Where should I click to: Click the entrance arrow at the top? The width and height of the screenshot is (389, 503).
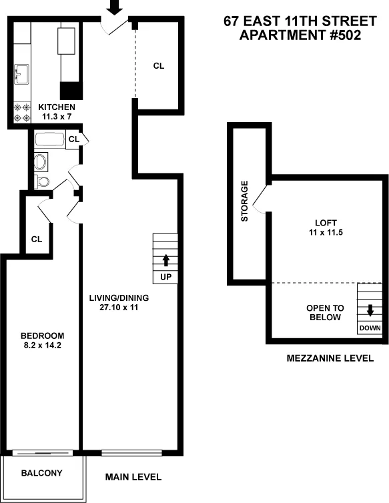click(x=115, y=7)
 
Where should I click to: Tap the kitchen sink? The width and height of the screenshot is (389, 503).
click(x=21, y=73)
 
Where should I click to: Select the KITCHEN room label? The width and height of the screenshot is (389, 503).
click(x=57, y=107)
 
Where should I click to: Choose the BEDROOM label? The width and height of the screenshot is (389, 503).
click(x=42, y=336)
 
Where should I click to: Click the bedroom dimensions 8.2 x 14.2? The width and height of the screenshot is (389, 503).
click(x=42, y=346)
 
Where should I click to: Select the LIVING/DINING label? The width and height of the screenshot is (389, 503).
click(x=119, y=298)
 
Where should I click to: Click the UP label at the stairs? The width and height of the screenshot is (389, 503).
click(x=165, y=276)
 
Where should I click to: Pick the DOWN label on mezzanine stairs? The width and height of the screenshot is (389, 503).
click(x=370, y=328)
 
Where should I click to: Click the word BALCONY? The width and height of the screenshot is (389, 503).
click(x=41, y=474)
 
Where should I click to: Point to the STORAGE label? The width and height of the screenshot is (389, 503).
click(x=245, y=201)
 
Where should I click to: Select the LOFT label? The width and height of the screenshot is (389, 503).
click(x=326, y=223)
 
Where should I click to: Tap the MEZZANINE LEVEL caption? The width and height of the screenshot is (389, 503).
click(x=330, y=358)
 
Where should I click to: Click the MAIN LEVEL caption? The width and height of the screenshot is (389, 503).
click(x=133, y=478)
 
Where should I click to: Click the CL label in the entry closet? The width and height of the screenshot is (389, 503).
click(x=159, y=65)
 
